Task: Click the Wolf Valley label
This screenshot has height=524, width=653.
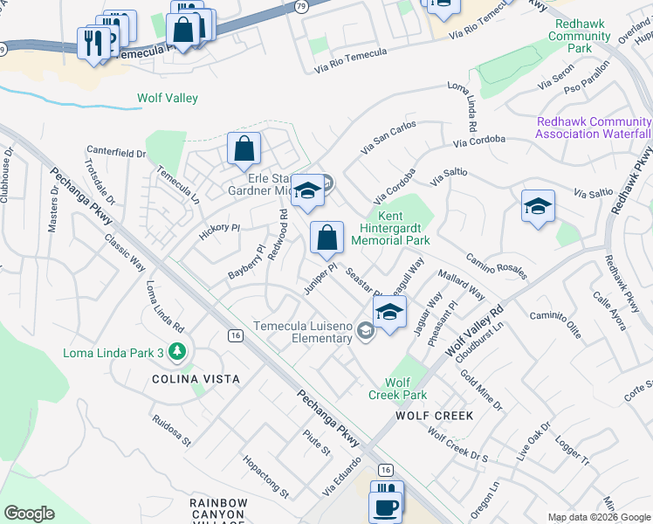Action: (168, 99)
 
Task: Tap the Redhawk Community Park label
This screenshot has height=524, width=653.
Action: (579, 36)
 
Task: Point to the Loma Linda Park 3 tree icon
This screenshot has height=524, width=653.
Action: (178, 352)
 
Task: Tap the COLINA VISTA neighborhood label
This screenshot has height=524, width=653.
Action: (195, 380)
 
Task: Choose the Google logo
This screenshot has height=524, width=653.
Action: (29, 513)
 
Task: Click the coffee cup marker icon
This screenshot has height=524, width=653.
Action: (384, 505)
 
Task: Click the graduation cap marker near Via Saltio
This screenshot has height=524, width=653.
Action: (538, 207)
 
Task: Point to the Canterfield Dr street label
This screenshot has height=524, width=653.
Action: (116, 154)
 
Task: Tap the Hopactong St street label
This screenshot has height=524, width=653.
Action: (265, 476)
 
